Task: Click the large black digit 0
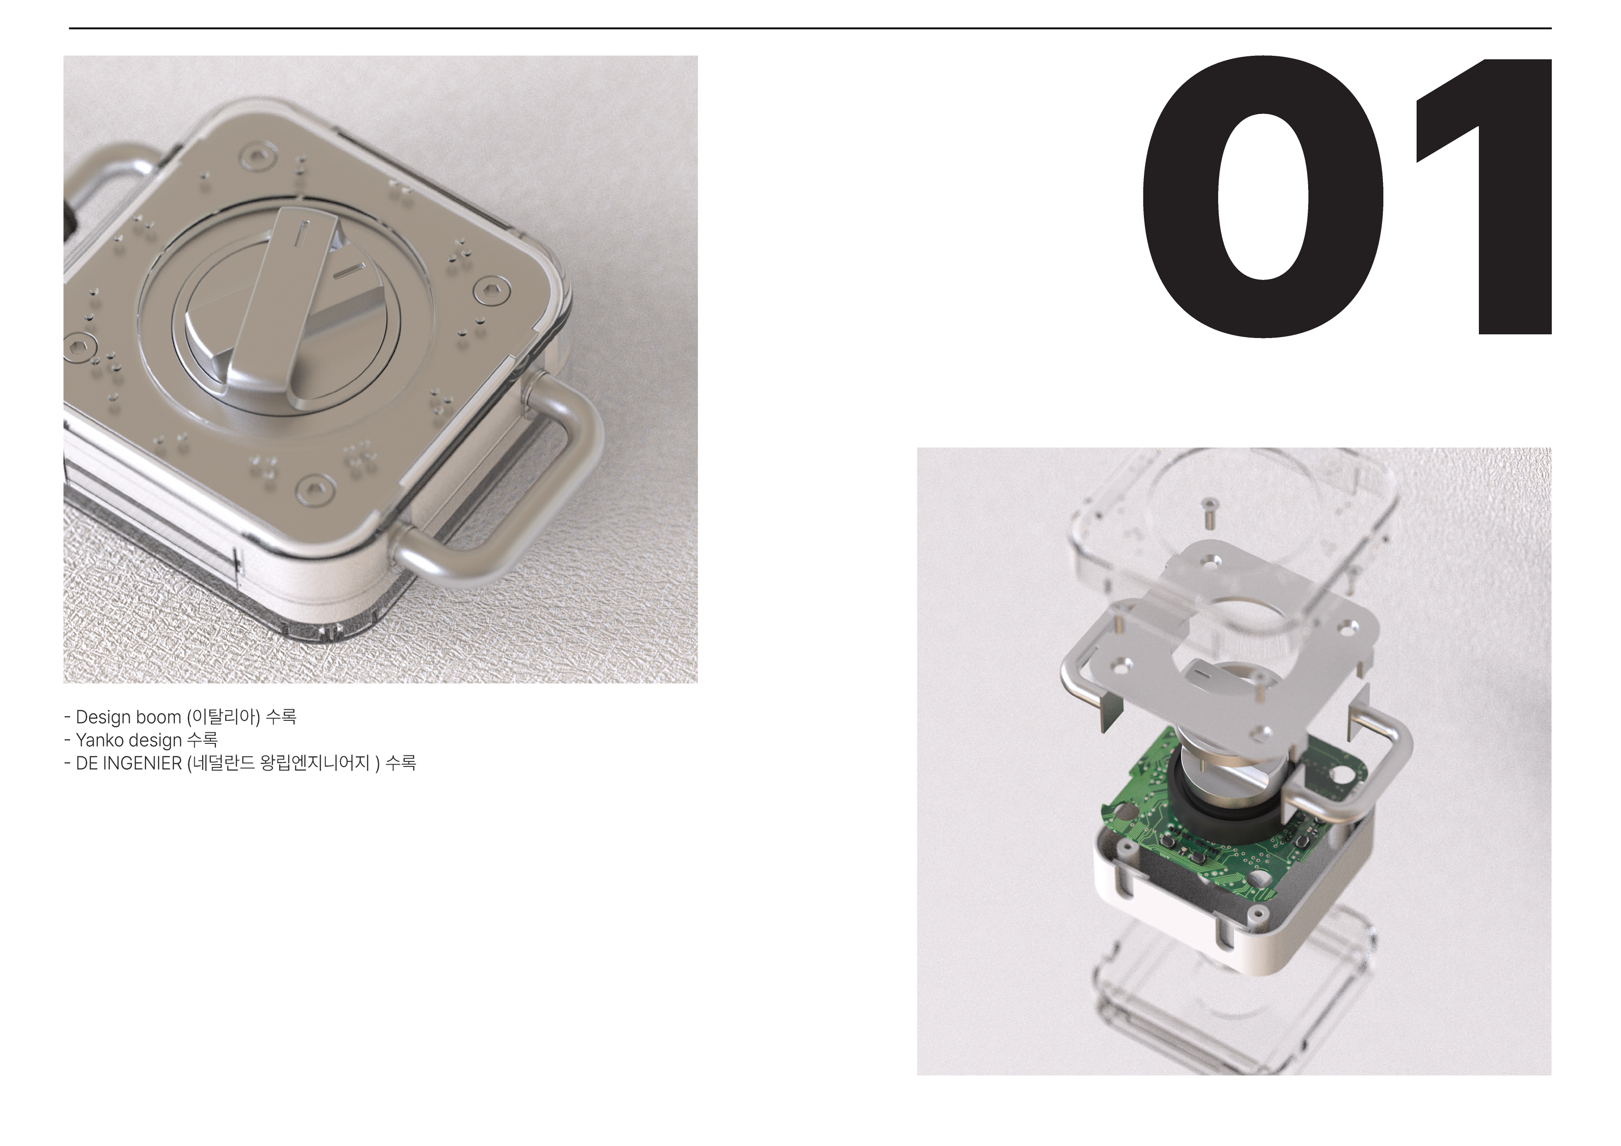(x=1262, y=197)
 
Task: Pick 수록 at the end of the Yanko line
(x=202, y=740)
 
